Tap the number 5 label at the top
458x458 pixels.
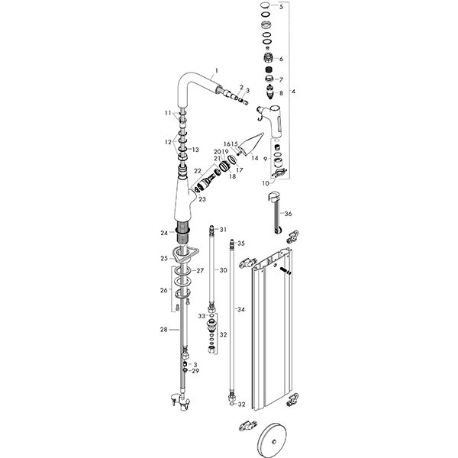point(281,7)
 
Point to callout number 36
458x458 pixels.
point(288,214)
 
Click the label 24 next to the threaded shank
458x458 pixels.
point(163,233)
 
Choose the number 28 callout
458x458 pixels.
point(163,330)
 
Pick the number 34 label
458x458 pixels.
point(240,309)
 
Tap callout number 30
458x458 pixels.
point(224,270)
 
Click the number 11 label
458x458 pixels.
point(168,113)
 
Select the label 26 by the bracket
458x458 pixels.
point(162,290)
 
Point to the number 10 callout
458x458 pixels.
point(266,183)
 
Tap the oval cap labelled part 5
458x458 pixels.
point(264,7)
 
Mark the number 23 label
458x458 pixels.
point(202,198)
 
